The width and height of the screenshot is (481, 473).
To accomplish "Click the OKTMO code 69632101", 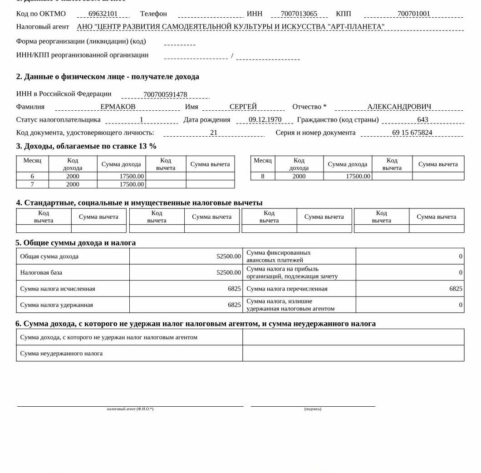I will tap(103, 14).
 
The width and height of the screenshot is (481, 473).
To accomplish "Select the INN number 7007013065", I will tap(299, 14).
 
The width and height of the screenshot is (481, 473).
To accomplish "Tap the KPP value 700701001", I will tap(413, 14).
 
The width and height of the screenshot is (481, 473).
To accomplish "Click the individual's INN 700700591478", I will tap(165, 94).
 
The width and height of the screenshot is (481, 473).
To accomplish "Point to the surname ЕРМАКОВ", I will tap(118, 107).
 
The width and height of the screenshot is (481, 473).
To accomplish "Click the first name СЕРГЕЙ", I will tap(243, 107).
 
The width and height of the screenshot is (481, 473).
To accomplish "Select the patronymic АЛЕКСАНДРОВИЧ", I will tap(399, 107).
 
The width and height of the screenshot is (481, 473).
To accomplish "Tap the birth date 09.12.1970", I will tap(265, 120).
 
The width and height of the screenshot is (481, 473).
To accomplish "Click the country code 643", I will tap(422, 120).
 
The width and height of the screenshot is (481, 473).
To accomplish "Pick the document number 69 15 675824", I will tap(412, 133).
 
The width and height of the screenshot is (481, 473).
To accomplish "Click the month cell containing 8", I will tap(263, 176).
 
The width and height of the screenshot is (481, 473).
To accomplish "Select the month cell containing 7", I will tap(32, 184).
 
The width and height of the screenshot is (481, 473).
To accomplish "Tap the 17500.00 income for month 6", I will tap(132, 176).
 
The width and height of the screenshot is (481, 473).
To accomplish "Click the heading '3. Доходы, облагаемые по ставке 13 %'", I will tap(86, 146).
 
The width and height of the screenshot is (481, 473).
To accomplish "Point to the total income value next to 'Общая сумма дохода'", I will tap(229, 256).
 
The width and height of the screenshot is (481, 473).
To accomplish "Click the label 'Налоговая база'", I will tap(41, 272).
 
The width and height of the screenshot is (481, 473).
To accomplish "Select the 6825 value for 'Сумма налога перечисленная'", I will tap(456, 289).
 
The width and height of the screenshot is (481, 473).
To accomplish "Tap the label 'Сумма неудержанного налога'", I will tap(61, 353).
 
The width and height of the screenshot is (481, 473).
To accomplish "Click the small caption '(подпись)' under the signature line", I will tap(313, 409).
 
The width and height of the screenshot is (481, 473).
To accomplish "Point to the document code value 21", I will tap(214, 133).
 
